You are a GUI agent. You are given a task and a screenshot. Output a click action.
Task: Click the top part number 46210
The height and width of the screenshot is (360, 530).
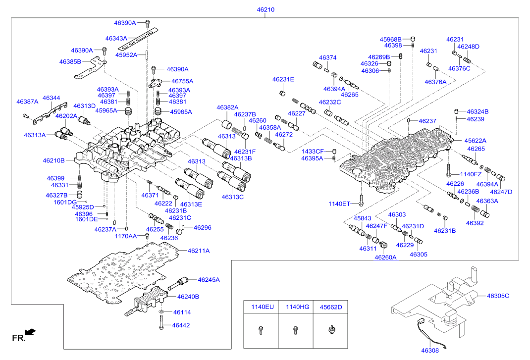[x=265, y=10]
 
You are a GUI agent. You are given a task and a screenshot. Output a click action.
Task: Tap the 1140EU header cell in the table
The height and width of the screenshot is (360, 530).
[x=261, y=307]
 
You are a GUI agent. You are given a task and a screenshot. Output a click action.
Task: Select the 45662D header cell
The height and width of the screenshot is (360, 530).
[x=330, y=307]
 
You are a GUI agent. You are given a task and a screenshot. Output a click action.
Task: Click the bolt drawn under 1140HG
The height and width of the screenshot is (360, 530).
[x=295, y=330]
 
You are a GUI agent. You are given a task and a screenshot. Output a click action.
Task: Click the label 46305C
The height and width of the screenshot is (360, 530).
[x=498, y=296]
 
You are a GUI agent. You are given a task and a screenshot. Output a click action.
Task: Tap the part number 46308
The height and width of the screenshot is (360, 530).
[x=430, y=351]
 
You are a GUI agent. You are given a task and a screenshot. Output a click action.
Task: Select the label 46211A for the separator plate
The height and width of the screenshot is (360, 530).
[x=199, y=251]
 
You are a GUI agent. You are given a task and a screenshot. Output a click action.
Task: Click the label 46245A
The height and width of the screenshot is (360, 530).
[x=209, y=280]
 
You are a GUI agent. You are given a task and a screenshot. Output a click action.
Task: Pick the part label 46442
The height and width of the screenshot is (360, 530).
[x=181, y=325]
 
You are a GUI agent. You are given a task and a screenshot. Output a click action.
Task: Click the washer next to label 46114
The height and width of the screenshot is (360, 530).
[x=162, y=311]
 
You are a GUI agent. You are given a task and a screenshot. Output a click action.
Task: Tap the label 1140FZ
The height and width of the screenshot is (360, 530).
[x=471, y=174]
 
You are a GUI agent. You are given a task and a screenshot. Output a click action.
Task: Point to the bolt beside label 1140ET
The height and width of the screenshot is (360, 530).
[x=361, y=200]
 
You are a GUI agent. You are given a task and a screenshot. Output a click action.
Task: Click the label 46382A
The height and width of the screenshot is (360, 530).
[x=227, y=107]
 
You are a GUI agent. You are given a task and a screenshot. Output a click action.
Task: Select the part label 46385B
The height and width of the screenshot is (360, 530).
[x=70, y=61]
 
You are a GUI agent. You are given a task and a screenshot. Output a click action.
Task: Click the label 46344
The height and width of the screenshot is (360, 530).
[x=52, y=98]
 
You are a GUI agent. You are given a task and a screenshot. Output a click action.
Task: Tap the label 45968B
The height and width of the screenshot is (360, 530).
[x=390, y=39]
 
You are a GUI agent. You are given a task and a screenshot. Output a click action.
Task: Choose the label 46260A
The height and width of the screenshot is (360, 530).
[x=385, y=257]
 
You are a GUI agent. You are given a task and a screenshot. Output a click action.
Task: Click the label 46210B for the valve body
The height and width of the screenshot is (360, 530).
[x=54, y=160]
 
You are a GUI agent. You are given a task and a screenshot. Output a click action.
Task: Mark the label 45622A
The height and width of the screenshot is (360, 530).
[x=475, y=141]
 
